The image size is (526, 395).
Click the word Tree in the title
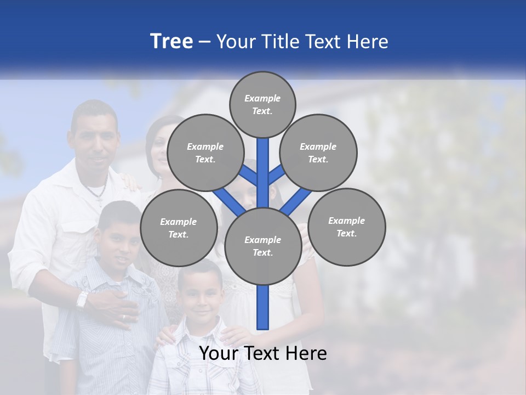point(171,41)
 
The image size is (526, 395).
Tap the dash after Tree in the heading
point(205,42)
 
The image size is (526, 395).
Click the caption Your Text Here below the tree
point(262,353)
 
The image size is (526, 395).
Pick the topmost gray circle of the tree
point(262,104)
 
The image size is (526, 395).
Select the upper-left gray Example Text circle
point(205,153)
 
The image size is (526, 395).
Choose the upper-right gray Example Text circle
point(318,153)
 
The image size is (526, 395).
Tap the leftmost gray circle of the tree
point(178,228)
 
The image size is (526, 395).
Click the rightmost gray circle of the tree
point(346,227)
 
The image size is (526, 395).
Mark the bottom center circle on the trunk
point(262,246)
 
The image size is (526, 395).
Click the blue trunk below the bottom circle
point(262,307)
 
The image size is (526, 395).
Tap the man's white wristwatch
point(82,300)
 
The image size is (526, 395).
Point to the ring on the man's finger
point(123,317)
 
